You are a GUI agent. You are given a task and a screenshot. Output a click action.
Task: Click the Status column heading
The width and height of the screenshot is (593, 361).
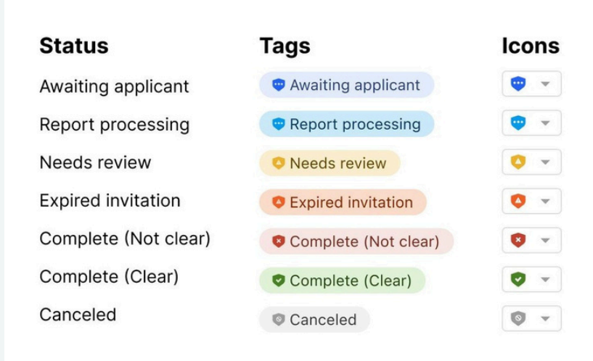click(x=74, y=46)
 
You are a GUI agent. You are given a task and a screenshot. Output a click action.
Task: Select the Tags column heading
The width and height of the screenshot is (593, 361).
click(x=285, y=47)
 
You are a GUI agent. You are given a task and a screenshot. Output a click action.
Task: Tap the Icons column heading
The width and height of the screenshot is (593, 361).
click(x=531, y=46)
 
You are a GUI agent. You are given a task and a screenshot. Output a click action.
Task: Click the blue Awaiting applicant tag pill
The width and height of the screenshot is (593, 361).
click(x=346, y=85)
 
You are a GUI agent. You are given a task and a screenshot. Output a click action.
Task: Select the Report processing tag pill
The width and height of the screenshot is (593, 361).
click(x=346, y=124)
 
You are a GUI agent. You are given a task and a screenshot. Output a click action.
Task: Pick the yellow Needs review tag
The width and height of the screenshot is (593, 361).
click(x=330, y=163)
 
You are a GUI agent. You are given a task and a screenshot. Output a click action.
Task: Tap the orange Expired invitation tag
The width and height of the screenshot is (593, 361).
click(x=343, y=202)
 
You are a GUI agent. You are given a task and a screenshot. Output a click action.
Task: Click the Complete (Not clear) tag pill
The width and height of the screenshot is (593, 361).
click(x=356, y=241)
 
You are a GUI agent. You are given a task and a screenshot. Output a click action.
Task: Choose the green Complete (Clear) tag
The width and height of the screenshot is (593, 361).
click(x=342, y=281)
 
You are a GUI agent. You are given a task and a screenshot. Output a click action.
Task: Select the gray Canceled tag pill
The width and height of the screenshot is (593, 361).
click(x=314, y=320)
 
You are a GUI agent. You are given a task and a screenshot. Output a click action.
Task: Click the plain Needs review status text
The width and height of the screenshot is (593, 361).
click(x=95, y=163)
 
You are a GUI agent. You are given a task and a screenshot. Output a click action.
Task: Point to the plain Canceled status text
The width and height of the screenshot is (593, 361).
click(x=78, y=315)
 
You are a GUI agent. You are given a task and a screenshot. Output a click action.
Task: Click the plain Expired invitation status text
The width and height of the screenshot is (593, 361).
click(x=110, y=201)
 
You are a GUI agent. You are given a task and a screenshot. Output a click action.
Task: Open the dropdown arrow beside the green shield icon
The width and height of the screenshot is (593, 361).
click(x=545, y=279)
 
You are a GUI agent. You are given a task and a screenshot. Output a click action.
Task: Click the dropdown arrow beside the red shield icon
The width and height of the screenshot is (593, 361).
click(x=545, y=240)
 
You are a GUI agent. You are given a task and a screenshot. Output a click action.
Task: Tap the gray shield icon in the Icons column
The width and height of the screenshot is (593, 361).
click(x=518, y=318)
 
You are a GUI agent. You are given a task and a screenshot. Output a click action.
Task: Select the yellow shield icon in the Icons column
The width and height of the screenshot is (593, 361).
click(x=518, y=162)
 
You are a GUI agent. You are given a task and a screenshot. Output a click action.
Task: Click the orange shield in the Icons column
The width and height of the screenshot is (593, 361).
click(x=518, y=201)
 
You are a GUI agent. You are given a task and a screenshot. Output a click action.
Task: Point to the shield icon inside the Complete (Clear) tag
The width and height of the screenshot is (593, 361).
click(x=278, y=281)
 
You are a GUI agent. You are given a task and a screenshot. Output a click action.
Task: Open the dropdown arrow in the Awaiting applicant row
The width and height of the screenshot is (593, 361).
click(x=545, y=84)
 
